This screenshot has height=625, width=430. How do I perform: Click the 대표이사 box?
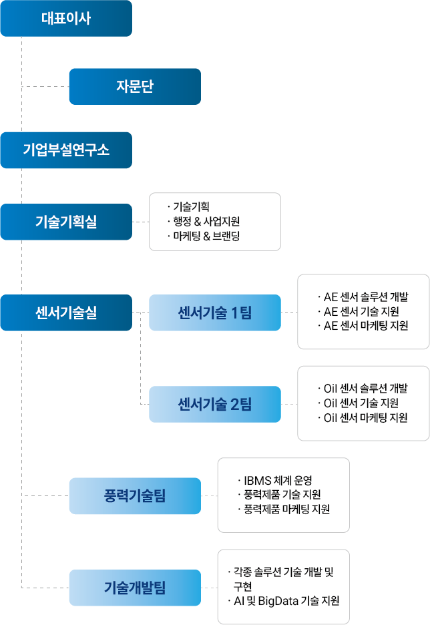click(66, 18)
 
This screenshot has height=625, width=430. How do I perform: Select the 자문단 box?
click(135, 87)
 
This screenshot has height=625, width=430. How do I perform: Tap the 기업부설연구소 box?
click(66, 150)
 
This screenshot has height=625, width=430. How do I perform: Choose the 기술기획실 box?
click(66, 222)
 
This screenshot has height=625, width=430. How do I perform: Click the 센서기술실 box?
click(66, 313)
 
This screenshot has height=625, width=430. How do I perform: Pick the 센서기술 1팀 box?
click(215, 313)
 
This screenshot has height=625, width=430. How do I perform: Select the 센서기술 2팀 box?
click(215, 404)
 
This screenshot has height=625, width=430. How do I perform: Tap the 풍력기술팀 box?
click(135, 496)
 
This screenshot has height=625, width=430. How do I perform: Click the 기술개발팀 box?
click(135, 588)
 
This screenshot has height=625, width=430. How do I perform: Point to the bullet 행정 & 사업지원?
click(204, 221)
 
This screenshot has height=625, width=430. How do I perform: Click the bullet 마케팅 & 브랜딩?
click(204, 236)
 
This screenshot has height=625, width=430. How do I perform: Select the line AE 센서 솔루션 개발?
click(363, 297)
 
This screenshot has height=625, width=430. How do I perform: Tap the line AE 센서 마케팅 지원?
click(363, 326)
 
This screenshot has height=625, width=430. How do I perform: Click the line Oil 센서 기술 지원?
click(359, 403)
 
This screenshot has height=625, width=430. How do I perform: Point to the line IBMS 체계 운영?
click(275, 480)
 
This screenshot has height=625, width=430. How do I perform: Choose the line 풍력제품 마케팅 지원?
click(284, 509)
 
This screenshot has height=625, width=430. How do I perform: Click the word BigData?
click(278, 601)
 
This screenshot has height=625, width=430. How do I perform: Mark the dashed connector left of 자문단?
click(45, 87)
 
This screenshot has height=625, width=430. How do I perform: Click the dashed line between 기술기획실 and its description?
click(141, 222)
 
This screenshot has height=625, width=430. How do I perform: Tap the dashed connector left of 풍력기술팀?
click(45, 496)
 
